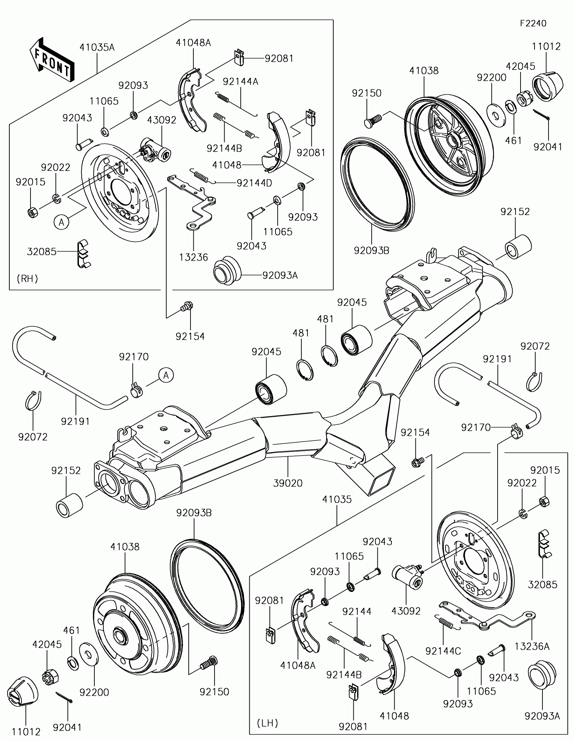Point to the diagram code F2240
coord(533,24)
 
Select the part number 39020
coord(288,483)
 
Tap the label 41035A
coord(97,47)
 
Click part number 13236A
coord(532,646)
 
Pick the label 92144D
coord(254,183)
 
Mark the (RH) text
coord(27,279)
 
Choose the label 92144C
coord(443,651)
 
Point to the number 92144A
coord(240,81)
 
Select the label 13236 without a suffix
coord(194,257)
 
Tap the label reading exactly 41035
coord(337,499)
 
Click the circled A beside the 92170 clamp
coord(166,375)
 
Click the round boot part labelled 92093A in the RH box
coord(226,270)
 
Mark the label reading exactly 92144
coord(357,611)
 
